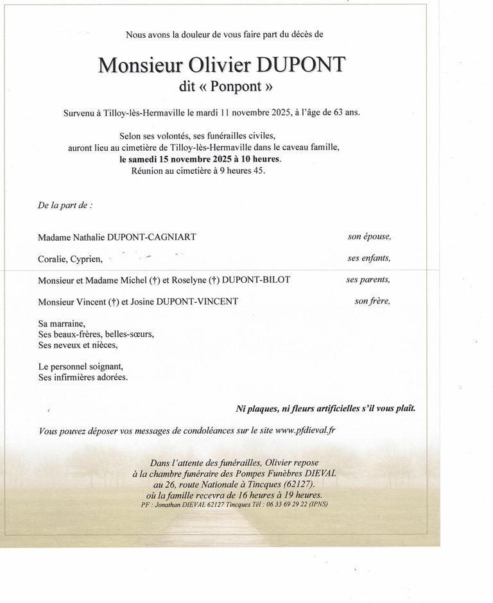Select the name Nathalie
coord(92,237)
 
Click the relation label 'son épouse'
coord(369,236)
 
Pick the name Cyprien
coord(87,259)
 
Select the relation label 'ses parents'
coord(368,280)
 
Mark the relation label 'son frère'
coord(372,301)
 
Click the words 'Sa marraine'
coord(61,324)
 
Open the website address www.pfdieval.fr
coord(306,431)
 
